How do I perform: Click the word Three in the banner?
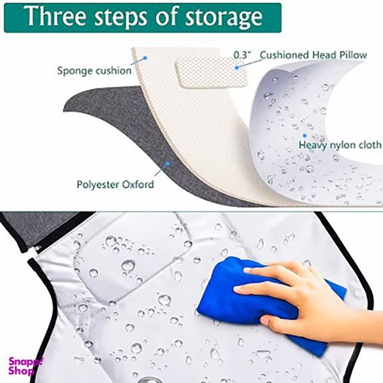tap(55, 16)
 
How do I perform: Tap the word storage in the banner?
tap(223, 17)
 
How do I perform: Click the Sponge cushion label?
tap(94, 70)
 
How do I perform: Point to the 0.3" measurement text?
tap(242, 55)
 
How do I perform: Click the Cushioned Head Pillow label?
tap(313, 55)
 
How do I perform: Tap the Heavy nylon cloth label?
tap(340, 145)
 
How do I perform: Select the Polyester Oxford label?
tap(115, 184)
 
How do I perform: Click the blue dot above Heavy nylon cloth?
tap(305, 136)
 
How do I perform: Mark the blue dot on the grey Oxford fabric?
tap(168, 163)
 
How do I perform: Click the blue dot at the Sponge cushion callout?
tap(145, 58)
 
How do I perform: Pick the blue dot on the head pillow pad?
tap(237, 68)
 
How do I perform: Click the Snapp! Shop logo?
tap(25, 366)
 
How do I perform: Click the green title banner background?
tap(143, 17)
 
